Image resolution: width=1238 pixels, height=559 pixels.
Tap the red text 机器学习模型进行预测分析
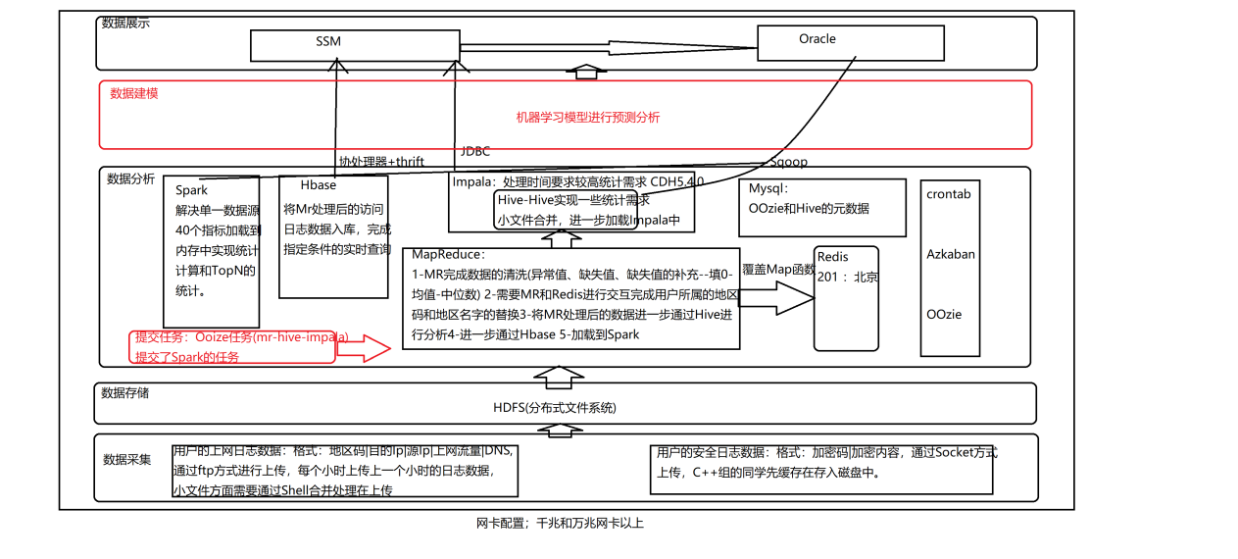pyautogui.click(x=588, y=118)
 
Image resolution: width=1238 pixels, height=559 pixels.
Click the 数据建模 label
pyautogui.click(x=134, y=94)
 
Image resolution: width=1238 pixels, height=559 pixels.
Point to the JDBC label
pyautogui.click(x=475, y=152)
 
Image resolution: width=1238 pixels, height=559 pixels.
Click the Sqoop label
pyautogui.click(x=788, y=162)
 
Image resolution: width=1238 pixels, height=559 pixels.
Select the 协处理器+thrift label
pyautogui.click(x=382, y=162)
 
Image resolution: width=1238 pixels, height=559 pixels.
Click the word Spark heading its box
pyautogui.click(x=192, y=190)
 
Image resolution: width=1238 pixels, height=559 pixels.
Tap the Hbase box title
pyautogui.click(x=319, y=185)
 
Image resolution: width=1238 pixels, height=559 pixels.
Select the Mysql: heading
pyautogui.click(x=768, y=189)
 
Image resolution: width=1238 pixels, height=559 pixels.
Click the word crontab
pyautogui.click(x=948, y=194)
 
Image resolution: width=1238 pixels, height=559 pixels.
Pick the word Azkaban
pyautogui.click(x=951, y=255)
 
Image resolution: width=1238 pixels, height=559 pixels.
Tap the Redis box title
pyautogui.click(x=832, y=257)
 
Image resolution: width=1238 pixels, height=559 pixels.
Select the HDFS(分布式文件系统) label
pyautogui.click(x=555, y=408)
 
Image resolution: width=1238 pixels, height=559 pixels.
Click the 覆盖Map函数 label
pyautogui.click(x=778, y=270)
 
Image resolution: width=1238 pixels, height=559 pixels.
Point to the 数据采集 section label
pyautogui.click(x=127, y=459)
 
